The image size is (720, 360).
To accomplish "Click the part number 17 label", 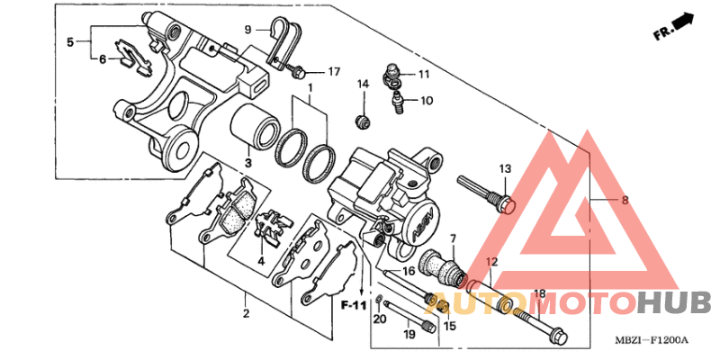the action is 333,72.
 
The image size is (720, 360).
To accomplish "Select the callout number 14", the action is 364,84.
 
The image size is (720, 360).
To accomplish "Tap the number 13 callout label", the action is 505,169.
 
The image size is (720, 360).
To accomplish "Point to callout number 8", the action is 625,200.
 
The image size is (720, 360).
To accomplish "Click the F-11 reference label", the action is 354,305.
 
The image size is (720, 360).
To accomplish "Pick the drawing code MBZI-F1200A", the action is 652,340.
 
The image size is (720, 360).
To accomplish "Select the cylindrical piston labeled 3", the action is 255,127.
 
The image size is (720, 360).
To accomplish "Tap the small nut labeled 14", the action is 364,121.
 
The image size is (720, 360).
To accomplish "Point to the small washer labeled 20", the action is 377,301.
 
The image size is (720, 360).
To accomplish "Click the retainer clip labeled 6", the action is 133,56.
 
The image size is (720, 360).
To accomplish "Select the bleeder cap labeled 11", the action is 392,75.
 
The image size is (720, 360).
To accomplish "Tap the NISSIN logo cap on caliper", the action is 421,224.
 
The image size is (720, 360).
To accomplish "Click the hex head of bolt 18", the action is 557,336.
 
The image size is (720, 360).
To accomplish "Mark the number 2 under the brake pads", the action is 246,314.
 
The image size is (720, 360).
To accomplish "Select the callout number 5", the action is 70,42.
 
